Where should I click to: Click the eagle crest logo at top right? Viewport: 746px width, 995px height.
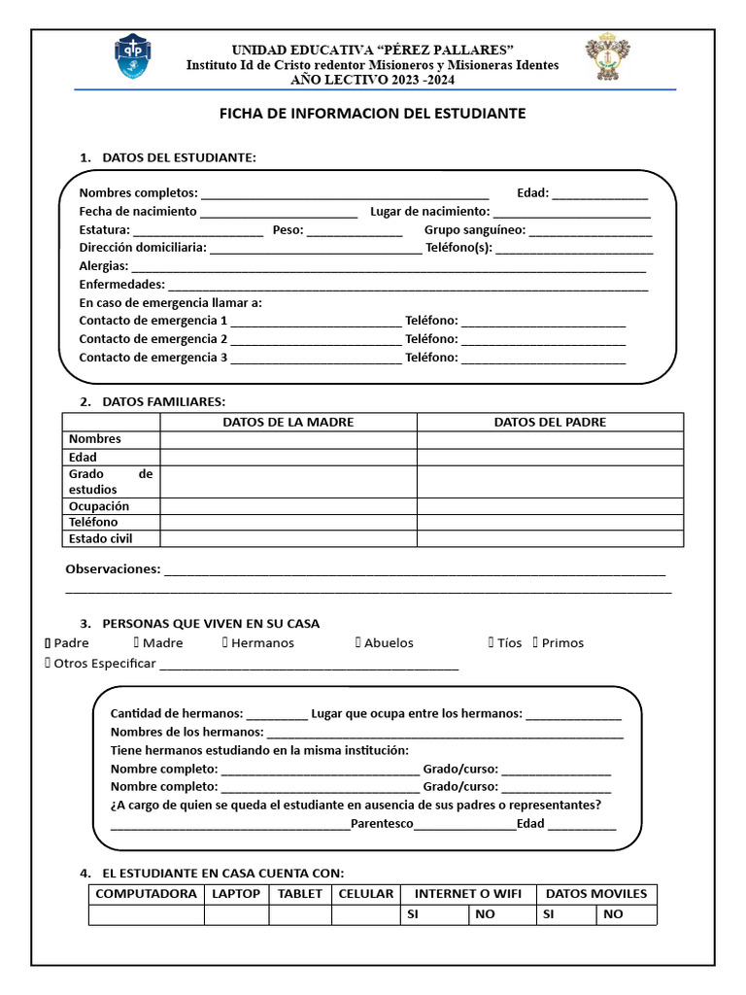coord(607,59)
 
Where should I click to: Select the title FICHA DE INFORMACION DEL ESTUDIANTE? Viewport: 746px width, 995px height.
coord(372,114)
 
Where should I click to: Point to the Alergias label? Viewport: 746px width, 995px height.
coord(103,266)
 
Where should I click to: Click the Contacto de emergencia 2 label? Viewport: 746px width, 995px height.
coord(153,339)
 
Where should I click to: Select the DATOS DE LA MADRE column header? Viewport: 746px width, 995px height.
coord(288,422)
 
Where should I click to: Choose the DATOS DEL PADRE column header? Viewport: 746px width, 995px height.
coord(550,422)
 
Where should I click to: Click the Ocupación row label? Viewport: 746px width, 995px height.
coord(99,506)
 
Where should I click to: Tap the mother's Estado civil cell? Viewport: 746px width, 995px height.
coord(288,538)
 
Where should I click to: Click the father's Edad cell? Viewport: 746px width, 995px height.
coord(550,457)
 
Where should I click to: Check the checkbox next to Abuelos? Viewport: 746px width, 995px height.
coord(358,643)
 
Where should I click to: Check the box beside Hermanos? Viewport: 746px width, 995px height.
coord(225,643)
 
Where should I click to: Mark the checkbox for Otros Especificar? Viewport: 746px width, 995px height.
coord(48,664)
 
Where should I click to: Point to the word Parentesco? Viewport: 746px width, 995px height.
coord(382,824)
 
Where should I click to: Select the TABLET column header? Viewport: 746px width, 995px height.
coord(300,894)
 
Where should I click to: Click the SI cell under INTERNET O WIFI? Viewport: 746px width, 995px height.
coord(434,914)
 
